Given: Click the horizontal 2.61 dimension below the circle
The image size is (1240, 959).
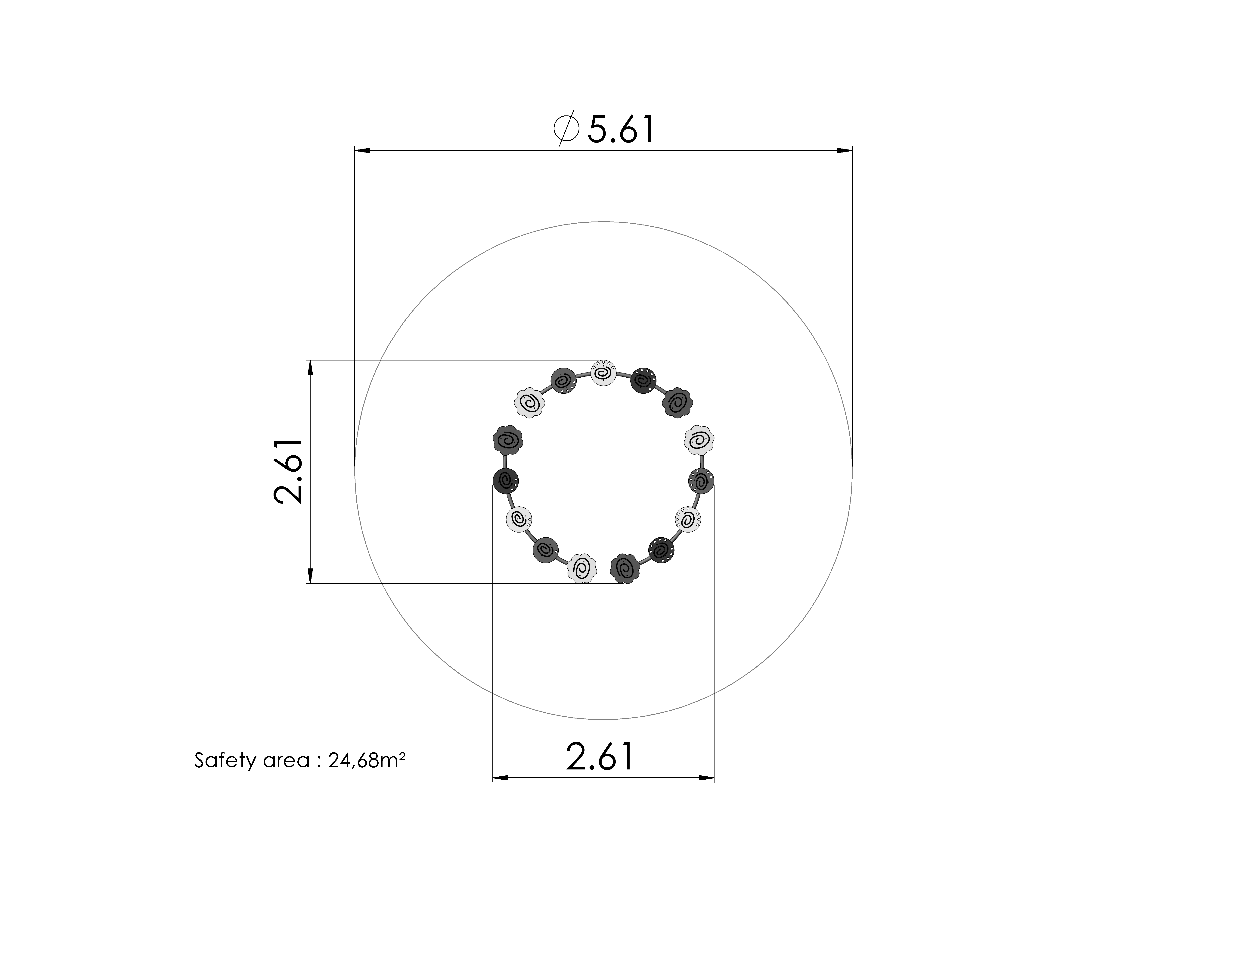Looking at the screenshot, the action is pos(600,757).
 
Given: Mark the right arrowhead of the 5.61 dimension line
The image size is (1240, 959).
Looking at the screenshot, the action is pos(844,151).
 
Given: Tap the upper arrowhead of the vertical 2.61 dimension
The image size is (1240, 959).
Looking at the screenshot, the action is pos(310,368).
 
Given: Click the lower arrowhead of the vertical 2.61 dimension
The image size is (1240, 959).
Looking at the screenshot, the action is pos(310,576).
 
